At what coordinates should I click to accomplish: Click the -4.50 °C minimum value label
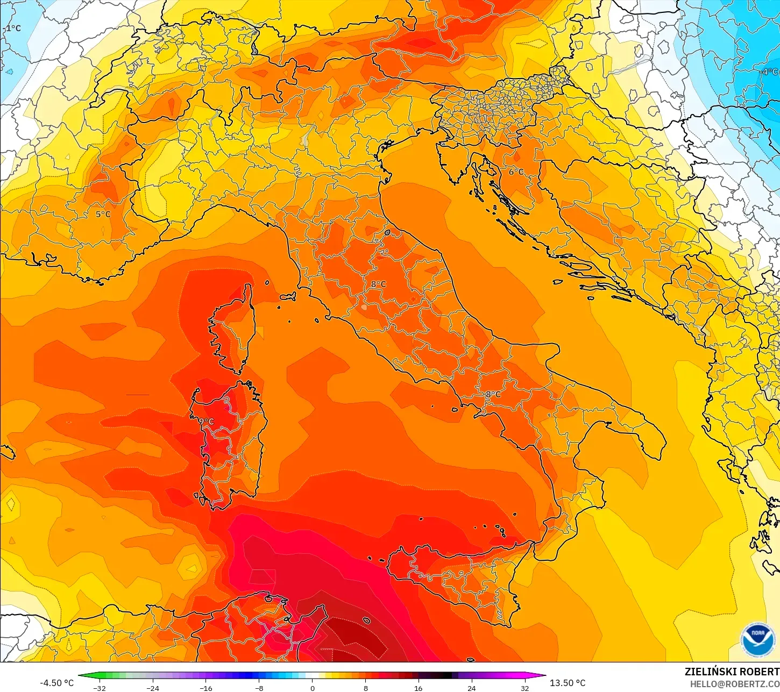click(x=56, y=683)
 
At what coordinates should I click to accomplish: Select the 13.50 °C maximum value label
click(x=568, y=683)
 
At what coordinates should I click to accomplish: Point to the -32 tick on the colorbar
click(x=100, y=688)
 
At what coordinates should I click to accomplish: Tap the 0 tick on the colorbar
click(x=312, y=688)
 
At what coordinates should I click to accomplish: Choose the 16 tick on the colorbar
click(x=418, y=688)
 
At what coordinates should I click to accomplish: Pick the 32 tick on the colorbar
click(x=524, y=688)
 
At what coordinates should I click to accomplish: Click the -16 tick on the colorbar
click(x=205, y=688)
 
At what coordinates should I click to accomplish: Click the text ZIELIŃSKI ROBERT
click(x=732, y=672)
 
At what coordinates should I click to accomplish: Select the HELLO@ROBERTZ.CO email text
click(x=734, y=684)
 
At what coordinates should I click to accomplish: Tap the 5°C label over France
click(x=103, y=214)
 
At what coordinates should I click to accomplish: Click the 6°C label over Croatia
click(x=516, y=172)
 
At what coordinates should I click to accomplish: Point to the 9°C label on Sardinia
click(x=207, y=422)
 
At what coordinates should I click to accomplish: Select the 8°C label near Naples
click(x=493, y=394)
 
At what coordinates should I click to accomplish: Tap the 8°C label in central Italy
click(x=378, y=284)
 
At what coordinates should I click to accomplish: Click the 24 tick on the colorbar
click(x=471, y=688)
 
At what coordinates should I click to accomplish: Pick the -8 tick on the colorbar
click(x=259, y=688)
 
